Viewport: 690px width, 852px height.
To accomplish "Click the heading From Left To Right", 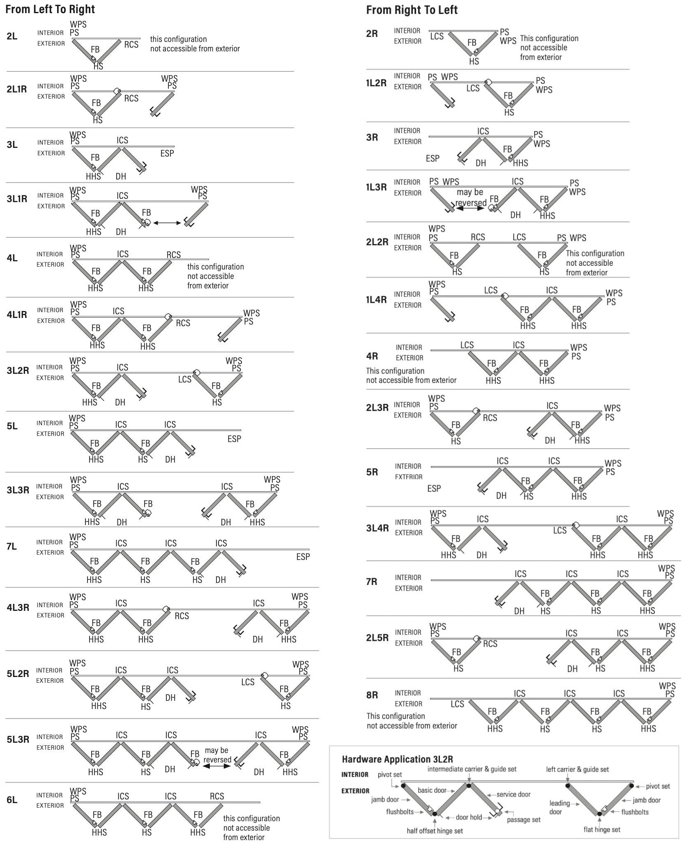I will [x=50, y=9].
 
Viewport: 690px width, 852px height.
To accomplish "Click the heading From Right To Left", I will [x=412, y=10].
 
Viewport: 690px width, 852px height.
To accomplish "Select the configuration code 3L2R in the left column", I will [x=18, y=371].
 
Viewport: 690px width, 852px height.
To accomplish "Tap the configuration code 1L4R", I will [x=376, y=299].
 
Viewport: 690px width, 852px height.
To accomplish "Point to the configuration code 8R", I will [x=372, y=695].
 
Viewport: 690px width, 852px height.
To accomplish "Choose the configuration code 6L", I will [x=12, y=799].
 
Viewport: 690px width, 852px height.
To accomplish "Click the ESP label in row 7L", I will [x=303, y=557].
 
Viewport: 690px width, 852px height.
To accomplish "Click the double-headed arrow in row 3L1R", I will [x=167, y=223].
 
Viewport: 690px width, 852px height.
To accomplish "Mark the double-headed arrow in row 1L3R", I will [x=470, y=209].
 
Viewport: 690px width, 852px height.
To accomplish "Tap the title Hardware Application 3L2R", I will [x=397, y=759].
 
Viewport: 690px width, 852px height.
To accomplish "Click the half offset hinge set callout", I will [x=435, y=831].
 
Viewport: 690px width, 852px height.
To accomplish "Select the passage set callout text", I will [x=524, y=820].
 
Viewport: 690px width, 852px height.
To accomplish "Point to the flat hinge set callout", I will [x=602, y=829].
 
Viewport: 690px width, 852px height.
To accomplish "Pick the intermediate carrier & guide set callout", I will [x=472, y=769].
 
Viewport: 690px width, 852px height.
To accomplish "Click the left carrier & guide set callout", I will [x=577, y=769].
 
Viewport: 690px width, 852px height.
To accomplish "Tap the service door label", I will [x=513, y=794].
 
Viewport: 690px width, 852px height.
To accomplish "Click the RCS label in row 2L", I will [x=131, y=44].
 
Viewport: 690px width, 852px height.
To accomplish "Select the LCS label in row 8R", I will [x=457, y=704].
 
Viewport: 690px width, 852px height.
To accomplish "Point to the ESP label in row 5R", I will [x=434, y=488].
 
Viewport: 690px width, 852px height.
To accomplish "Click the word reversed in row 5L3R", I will [x=217, y=760].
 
